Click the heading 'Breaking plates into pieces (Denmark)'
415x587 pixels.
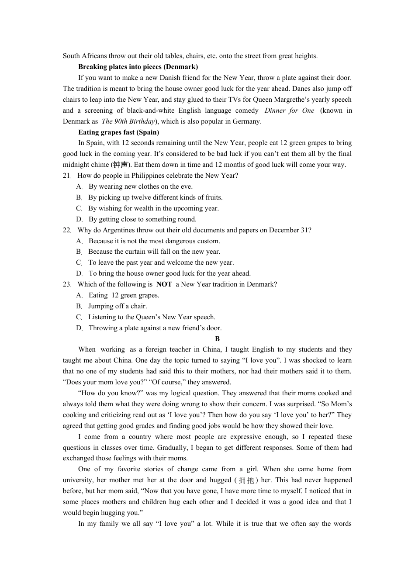pyautogui.click(x=138, y=67)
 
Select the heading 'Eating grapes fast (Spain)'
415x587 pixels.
pyautogui.click(x=119, y=132)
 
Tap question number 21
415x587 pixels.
pyautogui.click(x=66, y=176)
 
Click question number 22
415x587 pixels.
pyautogui.click(x=66, y=230)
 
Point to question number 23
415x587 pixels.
pyautogui.click(x=66, y=284)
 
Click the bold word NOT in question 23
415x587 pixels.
pyautogui.click(x=164, y=284)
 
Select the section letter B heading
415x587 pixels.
pyautogui.click(x=217, y=339)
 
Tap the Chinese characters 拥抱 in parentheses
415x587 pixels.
pyautogui.click(x=246, y=480)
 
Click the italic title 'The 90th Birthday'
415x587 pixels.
pyautogui.click(x=128, y=121)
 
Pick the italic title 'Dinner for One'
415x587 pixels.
pyautogui.click(x=289, y=110)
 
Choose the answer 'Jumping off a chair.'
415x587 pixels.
pyautogui.click(x=118, y=306)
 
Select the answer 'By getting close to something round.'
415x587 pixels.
pyautogui.click(x=142, y=219)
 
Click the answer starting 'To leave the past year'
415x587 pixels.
pyautogui.click(x=161, y=262)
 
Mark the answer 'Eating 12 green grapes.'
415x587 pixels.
pyautogui.click(x=124, y=295)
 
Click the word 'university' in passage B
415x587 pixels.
pyautogui.click(x=77, y=480)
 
